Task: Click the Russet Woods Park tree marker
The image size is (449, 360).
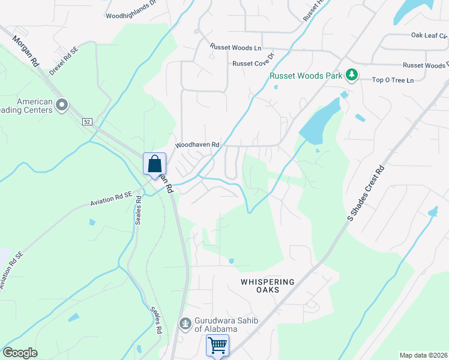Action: coord(352,75)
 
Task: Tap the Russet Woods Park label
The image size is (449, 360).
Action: coord(306,76)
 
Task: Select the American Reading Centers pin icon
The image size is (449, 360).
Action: coord(61,106)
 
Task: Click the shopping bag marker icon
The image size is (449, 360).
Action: coord(154,163)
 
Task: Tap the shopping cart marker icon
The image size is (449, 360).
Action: coord(217,345)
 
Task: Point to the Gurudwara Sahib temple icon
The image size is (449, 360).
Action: coord(185,324)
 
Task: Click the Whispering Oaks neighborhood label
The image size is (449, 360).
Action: coord(268,286)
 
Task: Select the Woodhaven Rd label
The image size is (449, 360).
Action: coord(197,145)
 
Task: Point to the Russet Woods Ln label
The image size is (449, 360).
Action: coord(236,47)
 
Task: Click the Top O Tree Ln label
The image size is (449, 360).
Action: coord(393,80)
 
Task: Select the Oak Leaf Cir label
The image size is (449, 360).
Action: coord(429,35)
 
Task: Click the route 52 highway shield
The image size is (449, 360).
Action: coord(86,122)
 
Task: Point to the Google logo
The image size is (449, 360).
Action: coord(20,353)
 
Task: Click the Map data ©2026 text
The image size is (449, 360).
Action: coord(424,355)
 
